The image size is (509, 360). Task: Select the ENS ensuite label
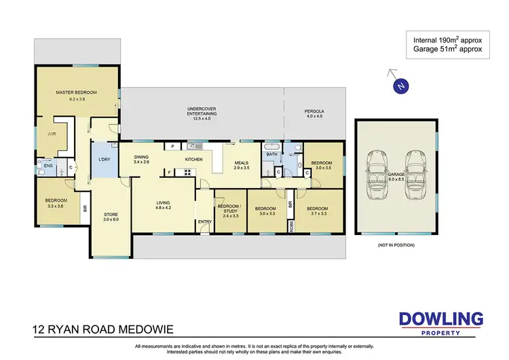coord(48,165)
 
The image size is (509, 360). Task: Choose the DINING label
coord(140,158)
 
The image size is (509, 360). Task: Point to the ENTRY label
coord(204,221)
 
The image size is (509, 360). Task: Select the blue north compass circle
coord(401,86)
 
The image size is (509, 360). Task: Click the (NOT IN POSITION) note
coord(395,245)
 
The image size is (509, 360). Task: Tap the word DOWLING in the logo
coord(440,318)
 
